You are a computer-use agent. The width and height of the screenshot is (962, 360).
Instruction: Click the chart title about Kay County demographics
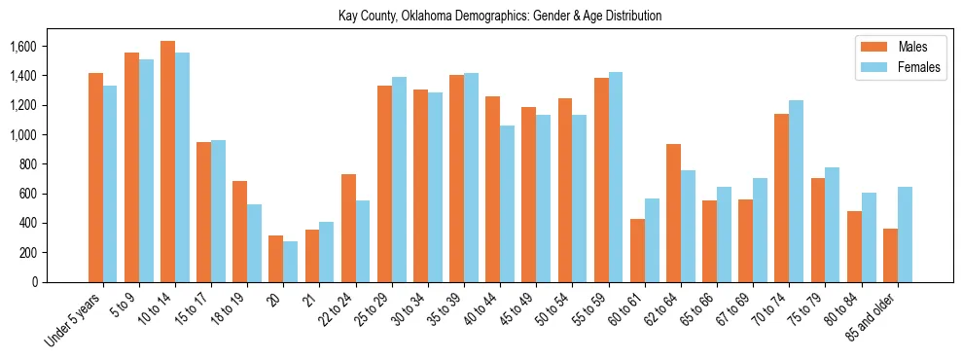[500, 17]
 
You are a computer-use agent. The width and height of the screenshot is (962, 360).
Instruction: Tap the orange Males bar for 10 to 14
[167, 162]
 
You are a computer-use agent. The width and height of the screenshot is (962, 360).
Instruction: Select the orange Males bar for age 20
[276, 259]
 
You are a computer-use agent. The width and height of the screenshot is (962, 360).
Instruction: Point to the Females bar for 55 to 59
[616, 177]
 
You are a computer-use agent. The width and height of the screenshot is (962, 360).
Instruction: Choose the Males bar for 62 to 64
[673, 213]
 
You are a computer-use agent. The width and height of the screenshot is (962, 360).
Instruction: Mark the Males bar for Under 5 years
[95, 178]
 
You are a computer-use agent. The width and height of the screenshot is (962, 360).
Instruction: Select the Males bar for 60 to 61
[637, 250]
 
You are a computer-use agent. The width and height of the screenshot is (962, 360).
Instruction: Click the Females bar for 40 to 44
[507, 204]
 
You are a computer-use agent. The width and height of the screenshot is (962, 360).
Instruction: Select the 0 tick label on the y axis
[35, 282]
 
